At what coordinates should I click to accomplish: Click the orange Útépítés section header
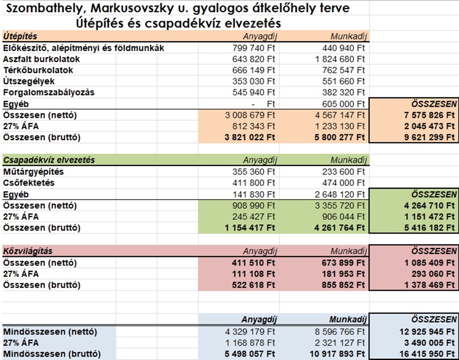pyautogui.click(x=20, y=36)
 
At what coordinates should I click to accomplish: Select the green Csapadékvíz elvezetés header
pyautogui.click(x=49, y=160)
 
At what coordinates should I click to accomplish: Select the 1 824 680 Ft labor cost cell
pyautogui.click(x=340, y=59)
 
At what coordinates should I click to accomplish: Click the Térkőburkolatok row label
pyautogui.click(x=38, y=70)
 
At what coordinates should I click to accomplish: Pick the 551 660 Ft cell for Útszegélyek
pyautogui.click(x=343, y=81)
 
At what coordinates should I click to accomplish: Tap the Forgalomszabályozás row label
pyautogui.click(x=49, y=92)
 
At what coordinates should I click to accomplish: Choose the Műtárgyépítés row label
pyautogui.click(x=33, y=172)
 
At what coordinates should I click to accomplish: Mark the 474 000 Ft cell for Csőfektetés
pyautogui.click(x=343, y=183)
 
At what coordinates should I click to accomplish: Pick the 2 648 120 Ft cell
pyautogui.click(x=340, y=194)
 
